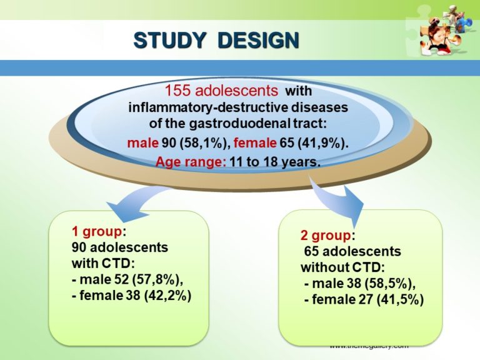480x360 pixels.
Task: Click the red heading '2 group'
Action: (x=326, y=236)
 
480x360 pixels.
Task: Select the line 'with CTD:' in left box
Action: (x=97, y=263)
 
